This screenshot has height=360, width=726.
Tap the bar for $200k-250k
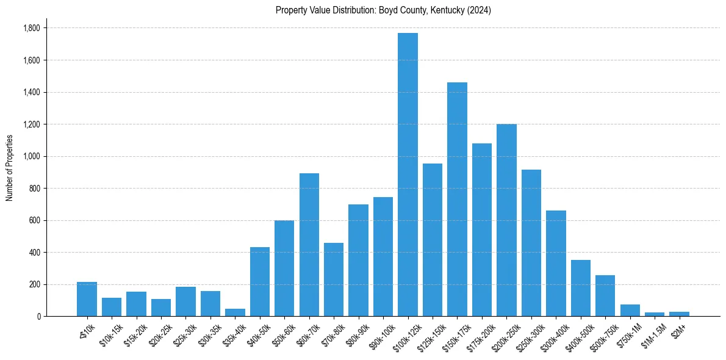[506, 220]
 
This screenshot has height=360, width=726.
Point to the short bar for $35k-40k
[235, 312]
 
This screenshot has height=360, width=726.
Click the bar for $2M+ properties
[679, 314]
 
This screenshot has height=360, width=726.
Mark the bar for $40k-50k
[260, 282]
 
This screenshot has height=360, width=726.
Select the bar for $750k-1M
[630, 310]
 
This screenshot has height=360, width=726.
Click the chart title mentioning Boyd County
[383, 10]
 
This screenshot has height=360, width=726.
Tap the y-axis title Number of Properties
[10, 168]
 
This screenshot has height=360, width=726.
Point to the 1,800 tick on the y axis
[32, 28]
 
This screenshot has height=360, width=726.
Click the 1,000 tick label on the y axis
[32, 156]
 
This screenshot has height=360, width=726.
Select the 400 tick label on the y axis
[35, 253]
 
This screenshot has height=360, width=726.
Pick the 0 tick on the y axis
[38, 317]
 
